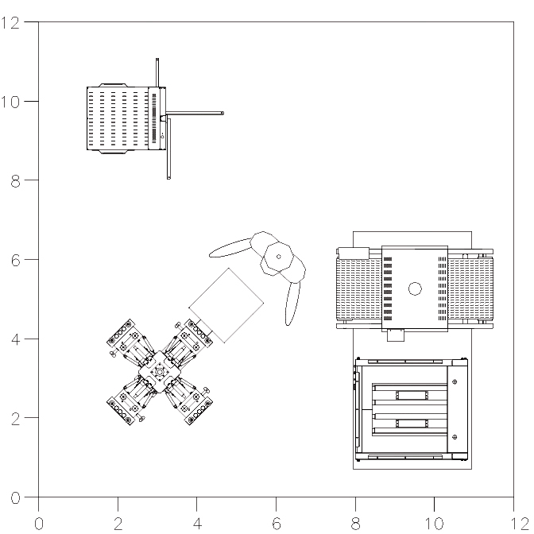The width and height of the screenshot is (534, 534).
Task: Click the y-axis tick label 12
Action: tap(10, 23)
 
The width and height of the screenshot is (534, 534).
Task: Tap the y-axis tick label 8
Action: tap(15, 181)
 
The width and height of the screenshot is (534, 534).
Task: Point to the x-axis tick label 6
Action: tap(277, 524)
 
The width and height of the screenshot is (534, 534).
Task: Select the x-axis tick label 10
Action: tap(434, 524)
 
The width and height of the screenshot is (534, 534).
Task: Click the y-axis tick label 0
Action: tap(15, 498)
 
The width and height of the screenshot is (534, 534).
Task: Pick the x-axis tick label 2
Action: tap(118, 524)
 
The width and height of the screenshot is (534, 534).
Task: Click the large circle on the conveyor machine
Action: tap(415, 288)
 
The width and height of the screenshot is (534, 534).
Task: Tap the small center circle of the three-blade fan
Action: tap(279, 257)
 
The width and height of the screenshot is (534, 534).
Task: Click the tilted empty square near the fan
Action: tap(226, 305)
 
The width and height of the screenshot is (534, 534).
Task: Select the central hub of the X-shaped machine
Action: tap(160, 372)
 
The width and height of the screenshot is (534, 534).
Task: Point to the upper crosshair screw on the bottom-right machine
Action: tap(455, 381)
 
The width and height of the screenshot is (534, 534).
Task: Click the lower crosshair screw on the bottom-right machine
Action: tap(455, 437)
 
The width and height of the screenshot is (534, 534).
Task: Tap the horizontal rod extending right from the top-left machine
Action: tap(195, 113)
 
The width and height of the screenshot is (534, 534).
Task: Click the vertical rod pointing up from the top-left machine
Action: tap(157, 72)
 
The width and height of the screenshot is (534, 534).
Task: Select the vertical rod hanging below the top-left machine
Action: tap(168, 149)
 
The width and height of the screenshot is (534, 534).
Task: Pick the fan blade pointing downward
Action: tap(292, 304)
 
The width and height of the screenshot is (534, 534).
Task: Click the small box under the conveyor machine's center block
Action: tap(396, 335)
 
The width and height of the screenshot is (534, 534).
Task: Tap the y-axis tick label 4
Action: tap(15, 339)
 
